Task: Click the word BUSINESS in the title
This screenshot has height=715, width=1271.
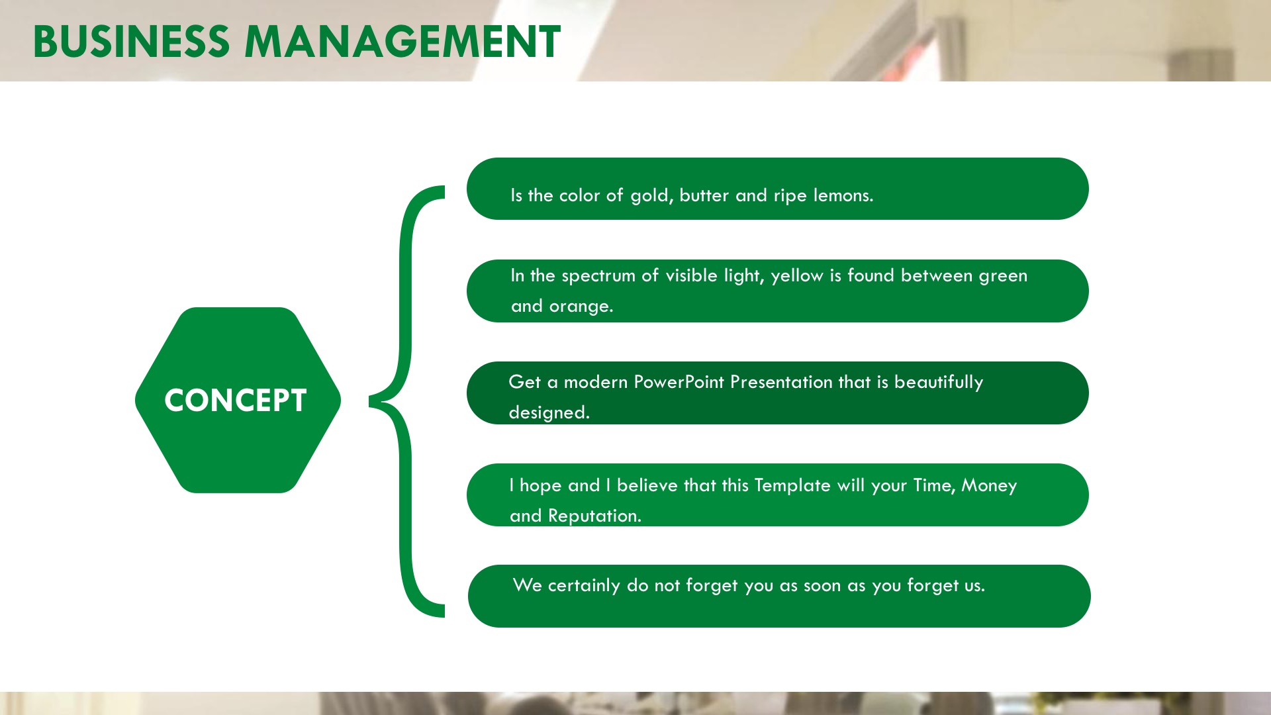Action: tap(131, 41)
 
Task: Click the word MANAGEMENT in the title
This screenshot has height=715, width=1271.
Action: tap(402, 41)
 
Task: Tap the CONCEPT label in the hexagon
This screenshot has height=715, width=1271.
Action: tap(236, 401)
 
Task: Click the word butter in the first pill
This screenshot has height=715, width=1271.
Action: tap(704, 195)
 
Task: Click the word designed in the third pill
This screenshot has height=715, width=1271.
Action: tap(549, 412)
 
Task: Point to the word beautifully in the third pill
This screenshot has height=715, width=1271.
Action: tap(939, 383)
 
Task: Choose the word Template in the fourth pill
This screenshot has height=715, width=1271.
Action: tap(792, 486)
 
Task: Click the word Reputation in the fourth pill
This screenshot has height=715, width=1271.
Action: tap(594, 516)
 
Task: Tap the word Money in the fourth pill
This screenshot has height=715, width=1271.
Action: tap(989, 486)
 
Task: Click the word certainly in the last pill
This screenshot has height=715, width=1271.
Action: tap(584, 586)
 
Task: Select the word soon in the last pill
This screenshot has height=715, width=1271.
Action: tap(822, 586)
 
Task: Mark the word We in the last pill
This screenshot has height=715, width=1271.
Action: tap(528, 585)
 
